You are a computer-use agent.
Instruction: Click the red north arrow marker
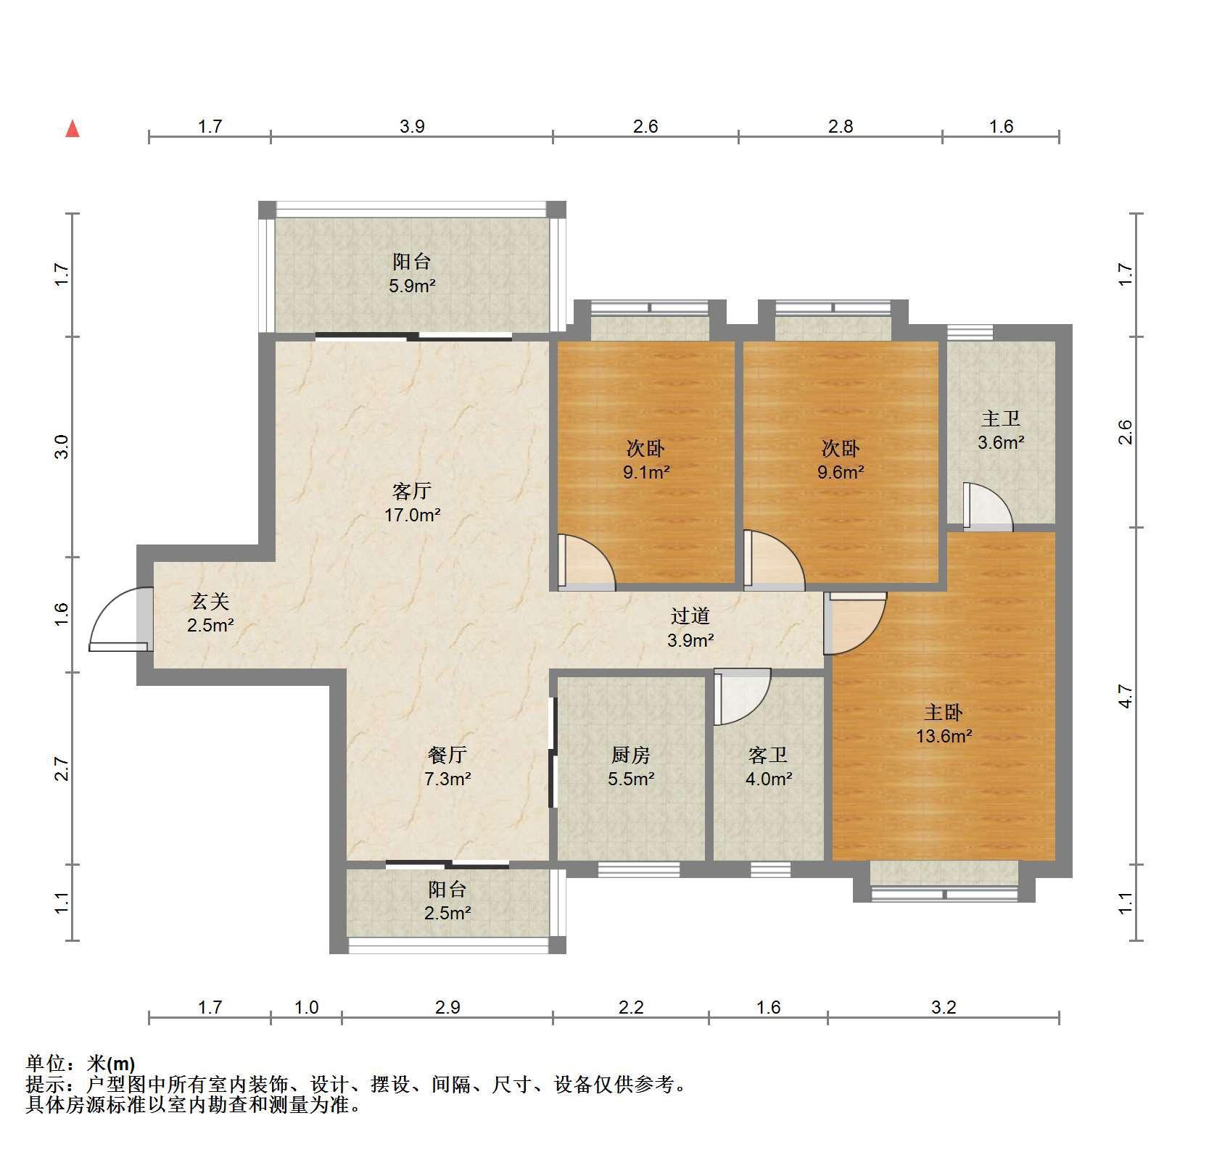coord(73,129)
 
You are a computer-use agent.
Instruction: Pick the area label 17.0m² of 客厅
coord(412,516)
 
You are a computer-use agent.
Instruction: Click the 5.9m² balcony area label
coord(412,286)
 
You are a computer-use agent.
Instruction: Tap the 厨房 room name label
coord(630,755)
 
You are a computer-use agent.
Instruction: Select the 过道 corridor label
coord(690,616)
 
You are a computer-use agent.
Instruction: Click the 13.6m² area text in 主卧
coord(944,737)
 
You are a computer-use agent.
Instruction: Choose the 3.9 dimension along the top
coord(412,126)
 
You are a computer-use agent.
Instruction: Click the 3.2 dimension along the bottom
coord(944,1007)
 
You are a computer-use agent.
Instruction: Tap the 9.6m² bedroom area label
coord(841,472)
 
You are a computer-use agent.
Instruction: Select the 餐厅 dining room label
coord(447,755)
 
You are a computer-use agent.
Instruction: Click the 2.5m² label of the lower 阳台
coord(447,913)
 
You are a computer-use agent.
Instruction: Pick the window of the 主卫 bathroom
coord(970,332)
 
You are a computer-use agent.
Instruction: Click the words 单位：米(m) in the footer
coord(81,1064)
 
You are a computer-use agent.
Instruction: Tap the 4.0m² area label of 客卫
coord(769,779)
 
